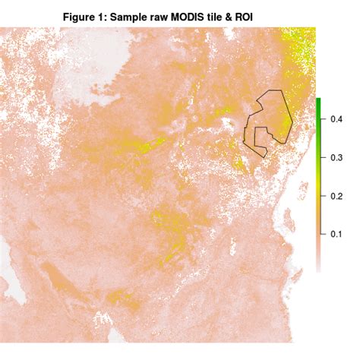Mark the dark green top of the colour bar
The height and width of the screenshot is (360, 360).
319,103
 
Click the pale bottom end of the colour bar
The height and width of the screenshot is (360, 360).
319,267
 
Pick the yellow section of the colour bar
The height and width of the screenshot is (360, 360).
319,178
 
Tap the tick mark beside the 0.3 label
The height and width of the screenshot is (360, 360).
324,156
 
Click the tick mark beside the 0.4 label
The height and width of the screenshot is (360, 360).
324,119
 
